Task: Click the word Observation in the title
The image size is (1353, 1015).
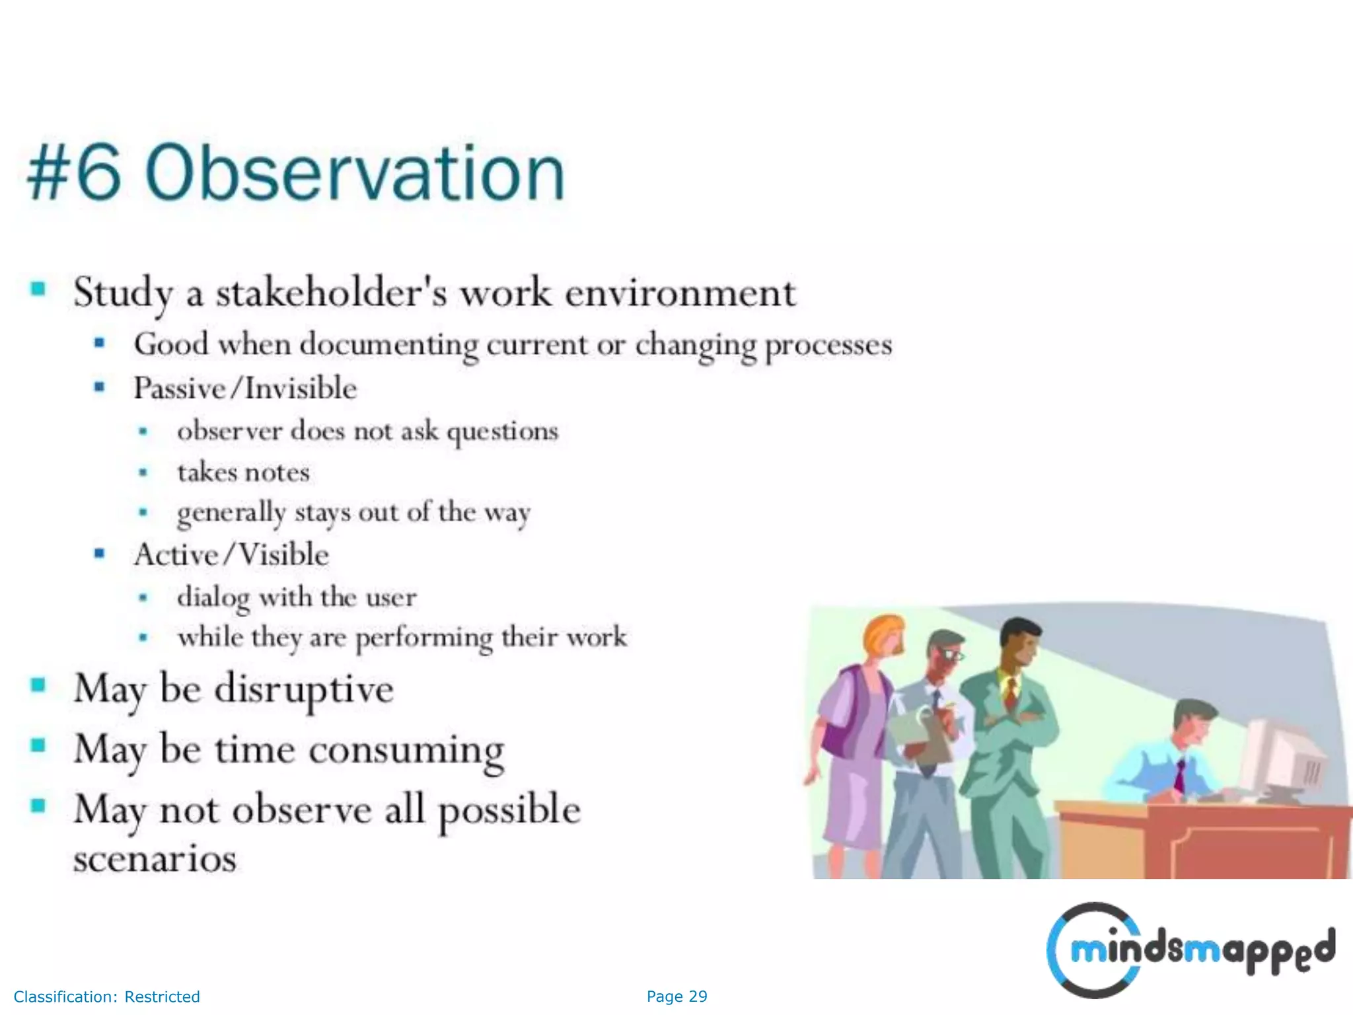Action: point(355,173)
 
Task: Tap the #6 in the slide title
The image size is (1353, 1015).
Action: point(74,173)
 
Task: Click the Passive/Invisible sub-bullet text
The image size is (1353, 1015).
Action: point(245,388)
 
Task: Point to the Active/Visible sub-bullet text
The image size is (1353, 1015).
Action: point(231,554)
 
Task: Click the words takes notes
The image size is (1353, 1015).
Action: point(243,472)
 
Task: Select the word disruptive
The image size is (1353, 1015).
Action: point(304,689)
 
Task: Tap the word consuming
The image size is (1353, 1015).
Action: point(406,750)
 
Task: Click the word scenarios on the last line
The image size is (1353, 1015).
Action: point(155,858)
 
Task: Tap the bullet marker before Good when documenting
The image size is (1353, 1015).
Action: point(100,342)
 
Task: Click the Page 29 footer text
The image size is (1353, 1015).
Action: point(676,996)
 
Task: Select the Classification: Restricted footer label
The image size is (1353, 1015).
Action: point(106,996)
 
